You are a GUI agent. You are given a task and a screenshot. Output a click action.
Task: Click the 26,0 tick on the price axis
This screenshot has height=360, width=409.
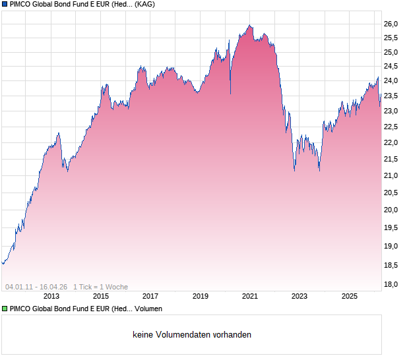[391, 24]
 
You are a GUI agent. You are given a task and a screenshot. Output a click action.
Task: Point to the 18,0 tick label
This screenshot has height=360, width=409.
[391, 284]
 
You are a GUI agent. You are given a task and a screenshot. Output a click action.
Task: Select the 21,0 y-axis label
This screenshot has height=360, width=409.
[391, 175]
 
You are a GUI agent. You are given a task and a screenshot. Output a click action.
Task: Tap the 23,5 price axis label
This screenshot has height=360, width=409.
[391, 96]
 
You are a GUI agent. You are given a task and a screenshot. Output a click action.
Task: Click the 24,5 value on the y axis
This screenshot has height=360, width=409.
[391, 66]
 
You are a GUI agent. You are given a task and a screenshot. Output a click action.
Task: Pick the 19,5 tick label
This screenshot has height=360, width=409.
[391, 227]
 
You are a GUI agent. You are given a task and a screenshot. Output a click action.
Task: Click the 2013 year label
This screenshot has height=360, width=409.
[51, 297]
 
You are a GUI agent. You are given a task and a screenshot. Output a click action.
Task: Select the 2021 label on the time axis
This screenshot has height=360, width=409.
[250, 297]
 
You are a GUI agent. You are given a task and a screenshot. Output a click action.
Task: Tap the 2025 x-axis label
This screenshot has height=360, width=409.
[350, 297]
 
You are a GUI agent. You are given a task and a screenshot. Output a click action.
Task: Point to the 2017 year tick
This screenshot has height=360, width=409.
[150, 297]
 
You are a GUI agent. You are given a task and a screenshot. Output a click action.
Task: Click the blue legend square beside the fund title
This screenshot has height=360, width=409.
[5, 5]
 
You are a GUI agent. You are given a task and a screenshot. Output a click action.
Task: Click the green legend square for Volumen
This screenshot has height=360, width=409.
[5, 309]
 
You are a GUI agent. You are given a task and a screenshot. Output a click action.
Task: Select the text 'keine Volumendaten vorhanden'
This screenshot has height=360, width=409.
[191, 335]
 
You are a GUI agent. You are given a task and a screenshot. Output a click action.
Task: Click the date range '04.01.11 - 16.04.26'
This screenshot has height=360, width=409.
[36, 287]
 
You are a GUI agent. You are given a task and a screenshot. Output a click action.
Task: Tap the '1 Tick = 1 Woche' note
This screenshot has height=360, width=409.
[100, 287]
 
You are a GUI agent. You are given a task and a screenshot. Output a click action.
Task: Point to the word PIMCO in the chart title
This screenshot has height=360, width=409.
[21, 5]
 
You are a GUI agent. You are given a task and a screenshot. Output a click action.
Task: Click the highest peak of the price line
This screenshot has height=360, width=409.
[249, 25]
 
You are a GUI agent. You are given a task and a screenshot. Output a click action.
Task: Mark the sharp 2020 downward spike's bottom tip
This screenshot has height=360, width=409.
[230, 94]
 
